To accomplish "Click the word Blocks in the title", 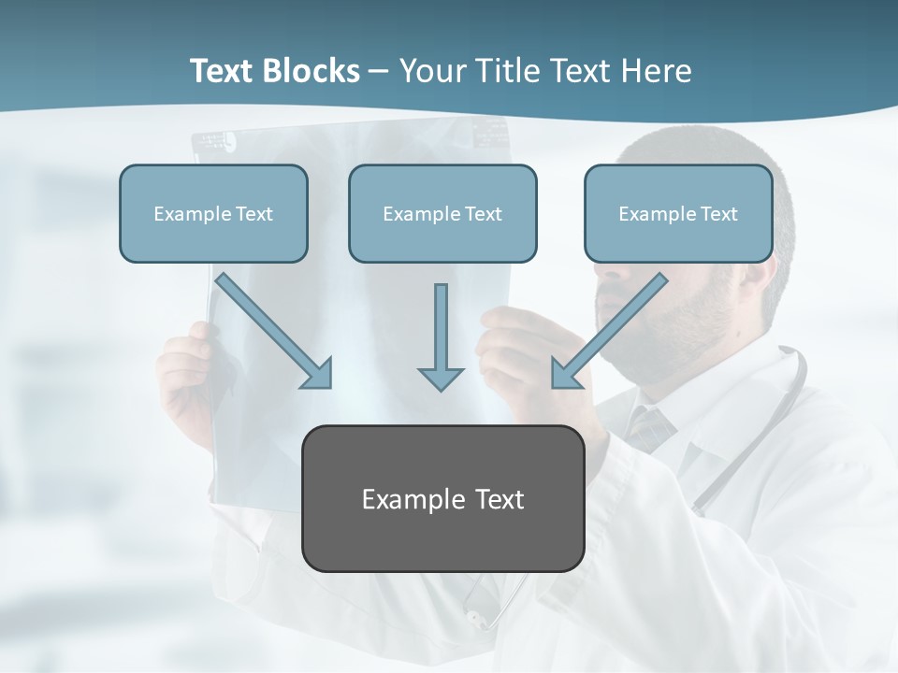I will (x=312, y=71).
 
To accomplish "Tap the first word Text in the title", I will (x=223, y=71).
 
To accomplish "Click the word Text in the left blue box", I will (x=254, y=214).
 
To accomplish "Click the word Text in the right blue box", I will (x=718, y=214).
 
